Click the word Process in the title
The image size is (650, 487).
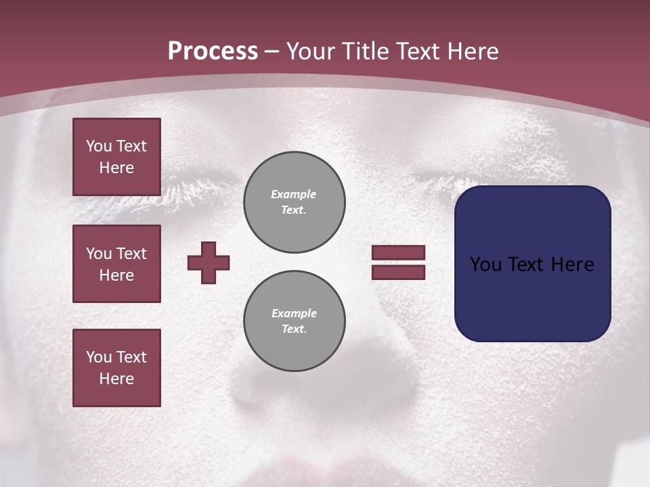coord(213,51)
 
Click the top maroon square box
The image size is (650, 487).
coord(116,157)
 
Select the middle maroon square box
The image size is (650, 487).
coord(116,264)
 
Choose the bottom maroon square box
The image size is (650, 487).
coord(116,368)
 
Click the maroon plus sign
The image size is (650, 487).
coord(209,262)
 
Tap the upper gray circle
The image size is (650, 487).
coord(295,202)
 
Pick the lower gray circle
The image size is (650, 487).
coord(295,321)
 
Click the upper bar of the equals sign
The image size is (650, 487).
coord(398,253)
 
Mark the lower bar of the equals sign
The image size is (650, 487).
coord(398,273)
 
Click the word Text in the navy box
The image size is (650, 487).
coord(528,264)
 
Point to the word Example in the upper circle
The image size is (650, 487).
coord(294,194)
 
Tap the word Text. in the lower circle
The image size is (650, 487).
coord(294,329)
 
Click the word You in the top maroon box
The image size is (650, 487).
coord(97,146)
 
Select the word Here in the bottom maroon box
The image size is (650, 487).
coord(116,379)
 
